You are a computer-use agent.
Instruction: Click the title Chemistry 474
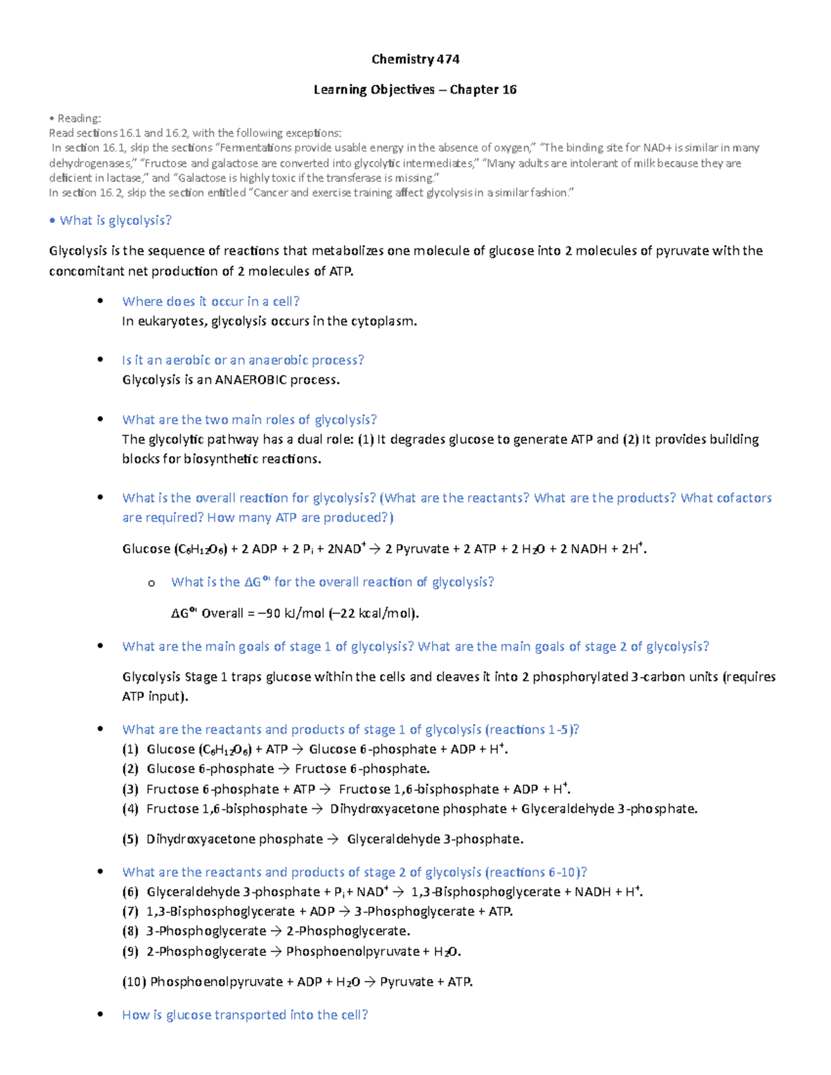(415, 60)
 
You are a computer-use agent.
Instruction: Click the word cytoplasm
(384, 320)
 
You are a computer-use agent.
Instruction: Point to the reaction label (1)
(130, 749)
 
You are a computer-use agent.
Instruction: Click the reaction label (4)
(130, 808)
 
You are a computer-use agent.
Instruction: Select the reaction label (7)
(130, 911)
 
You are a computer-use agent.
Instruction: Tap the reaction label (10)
(133, 982)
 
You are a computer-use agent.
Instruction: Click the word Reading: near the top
(79, 118)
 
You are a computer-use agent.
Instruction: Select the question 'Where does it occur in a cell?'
(211, 301)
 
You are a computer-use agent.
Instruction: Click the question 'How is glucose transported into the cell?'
(244, 1015)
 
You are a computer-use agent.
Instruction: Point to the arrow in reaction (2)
(284, 769)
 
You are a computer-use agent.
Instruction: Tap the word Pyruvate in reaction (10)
(406, 982)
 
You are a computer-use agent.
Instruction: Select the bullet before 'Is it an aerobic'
(100, 359)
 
